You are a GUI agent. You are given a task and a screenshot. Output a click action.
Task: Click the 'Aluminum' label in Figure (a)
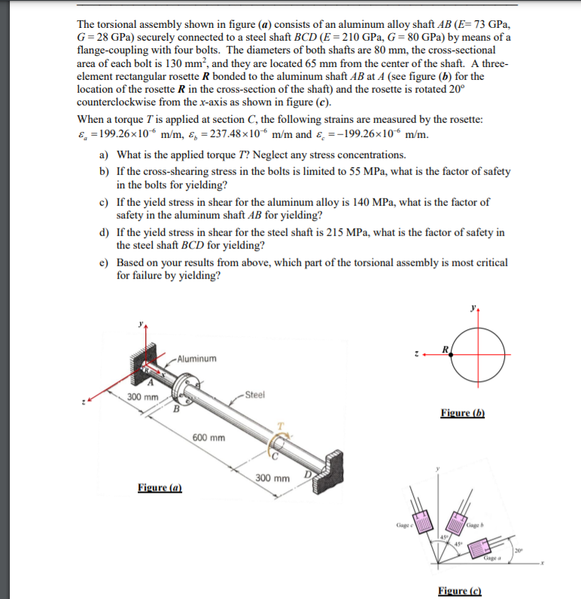pyautogui.click(x=197, y=359)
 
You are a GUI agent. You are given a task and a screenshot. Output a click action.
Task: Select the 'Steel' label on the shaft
pyautogui.click(x=254, y=394)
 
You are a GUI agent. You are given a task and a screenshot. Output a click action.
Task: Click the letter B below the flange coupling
pyautogui.click(x=178, y=410)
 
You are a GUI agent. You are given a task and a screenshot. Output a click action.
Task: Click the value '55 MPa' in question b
pyautogui.click(x=370, y=171)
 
